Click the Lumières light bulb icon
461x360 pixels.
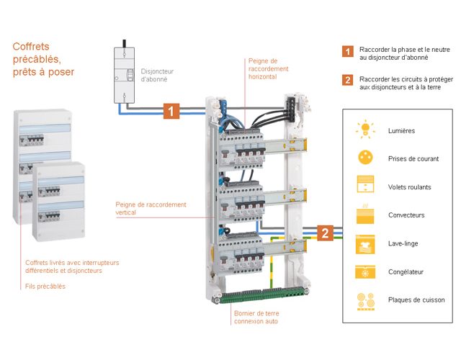(x=365, y=130)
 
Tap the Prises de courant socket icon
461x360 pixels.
(x=365, y=158)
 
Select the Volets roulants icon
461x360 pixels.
(x=365, y=186)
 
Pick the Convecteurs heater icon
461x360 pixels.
(x=365, y=215)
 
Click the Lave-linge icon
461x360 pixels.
(x=365, y=243)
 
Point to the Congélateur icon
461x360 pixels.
(x=365, y=271)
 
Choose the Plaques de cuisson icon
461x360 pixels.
(x=365, y=300)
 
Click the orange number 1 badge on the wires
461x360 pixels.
(x=171, y=111)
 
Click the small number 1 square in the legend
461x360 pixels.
(x=347, y=52)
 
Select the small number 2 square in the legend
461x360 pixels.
(x=347, y=80)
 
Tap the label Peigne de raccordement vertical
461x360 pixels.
(x=151, y=208)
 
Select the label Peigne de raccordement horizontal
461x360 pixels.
(x=267, y=69)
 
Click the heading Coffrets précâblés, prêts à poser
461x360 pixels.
(x=43, y=59)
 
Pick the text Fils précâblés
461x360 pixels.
(x=45, y=286)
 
